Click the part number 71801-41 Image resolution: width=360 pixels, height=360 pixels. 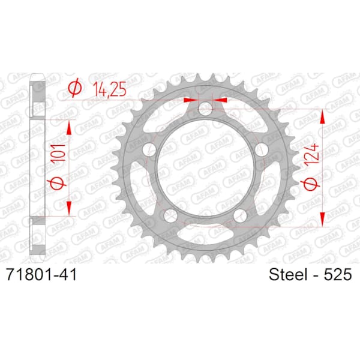click(41, 274)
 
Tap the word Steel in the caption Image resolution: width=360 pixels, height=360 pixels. click(289, 274)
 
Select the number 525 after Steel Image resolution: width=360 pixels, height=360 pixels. click(337, 274)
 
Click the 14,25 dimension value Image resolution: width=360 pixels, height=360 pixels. click(110, 89)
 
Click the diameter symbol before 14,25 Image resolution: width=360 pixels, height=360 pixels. click(75, 88)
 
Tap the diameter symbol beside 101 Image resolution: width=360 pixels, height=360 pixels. click(57, 183)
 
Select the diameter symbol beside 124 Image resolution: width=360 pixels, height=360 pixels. click(310, 183)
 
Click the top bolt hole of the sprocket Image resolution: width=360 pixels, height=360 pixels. click(205, 109)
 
